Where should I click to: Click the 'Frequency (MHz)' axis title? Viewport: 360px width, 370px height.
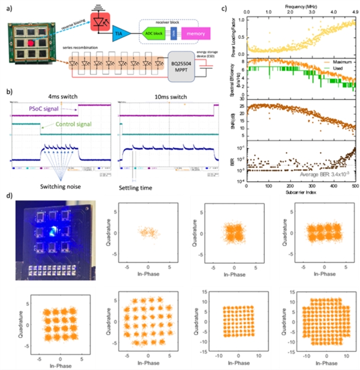click(x=301, y=5)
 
